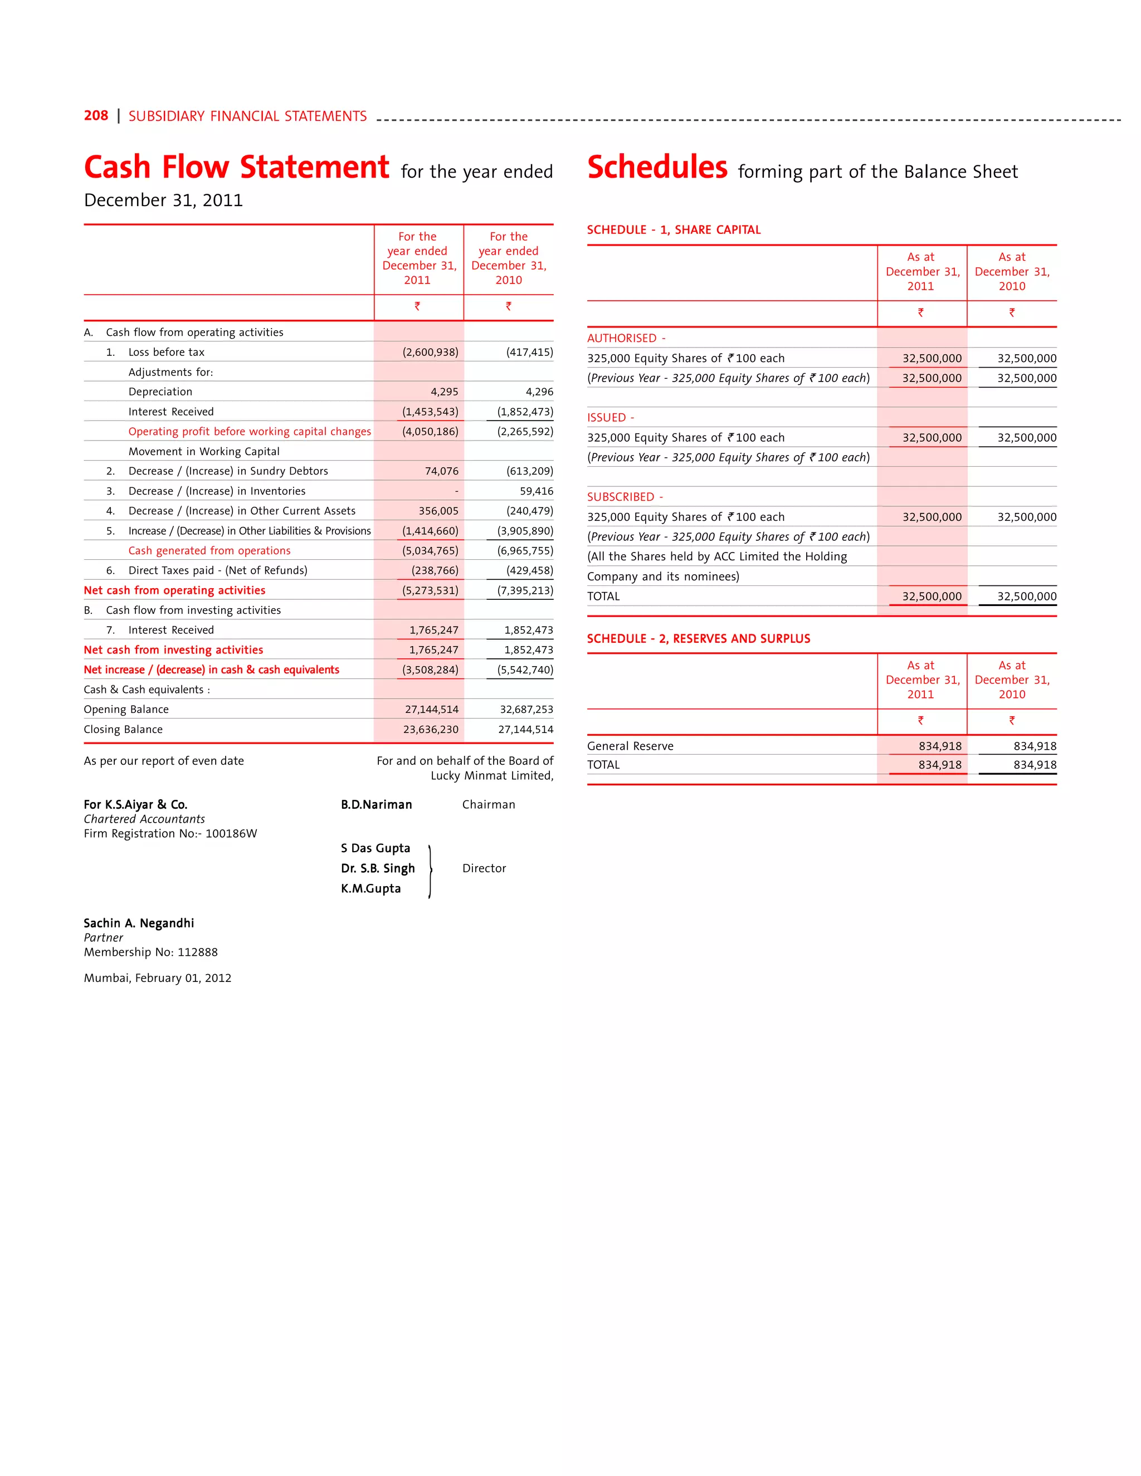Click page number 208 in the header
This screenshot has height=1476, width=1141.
click(x=96, y=115)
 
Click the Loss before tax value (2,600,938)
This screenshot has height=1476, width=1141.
click(x=430, y=352)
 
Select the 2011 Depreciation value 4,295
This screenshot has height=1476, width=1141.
click(x=444, y=392)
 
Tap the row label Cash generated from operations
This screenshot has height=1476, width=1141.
click(x=209, y=551)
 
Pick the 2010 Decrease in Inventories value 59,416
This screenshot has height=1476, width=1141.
click(x=536, y=491)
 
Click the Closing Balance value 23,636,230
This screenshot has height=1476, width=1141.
click(x=431, y=730)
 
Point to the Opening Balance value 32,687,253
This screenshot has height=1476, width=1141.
click(x=526, y=710)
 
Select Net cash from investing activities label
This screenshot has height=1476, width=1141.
click(x=173, y=650)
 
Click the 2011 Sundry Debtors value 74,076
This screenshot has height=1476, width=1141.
click(x=441, y=471)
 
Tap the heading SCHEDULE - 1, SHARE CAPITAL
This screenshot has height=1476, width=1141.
click(x=673, y=230)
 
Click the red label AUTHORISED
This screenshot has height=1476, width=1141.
click(x=622, y=338)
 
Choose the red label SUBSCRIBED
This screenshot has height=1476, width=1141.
click(x=621, y=497)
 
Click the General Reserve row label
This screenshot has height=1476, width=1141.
click(x=630, y=746)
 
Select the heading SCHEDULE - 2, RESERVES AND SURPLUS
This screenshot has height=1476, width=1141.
click(x=698, y=639)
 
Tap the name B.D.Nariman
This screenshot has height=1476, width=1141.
click(x=376, y=805)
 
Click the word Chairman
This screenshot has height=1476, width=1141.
click(x=488, y=805)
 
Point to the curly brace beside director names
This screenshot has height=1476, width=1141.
click(x=430, y=871)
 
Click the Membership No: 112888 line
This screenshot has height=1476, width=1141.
click(x=151, y=952)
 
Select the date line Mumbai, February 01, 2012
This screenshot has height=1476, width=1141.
click(x=158, y=978)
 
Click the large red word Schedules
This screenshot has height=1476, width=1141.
click(x=657, y=168)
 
